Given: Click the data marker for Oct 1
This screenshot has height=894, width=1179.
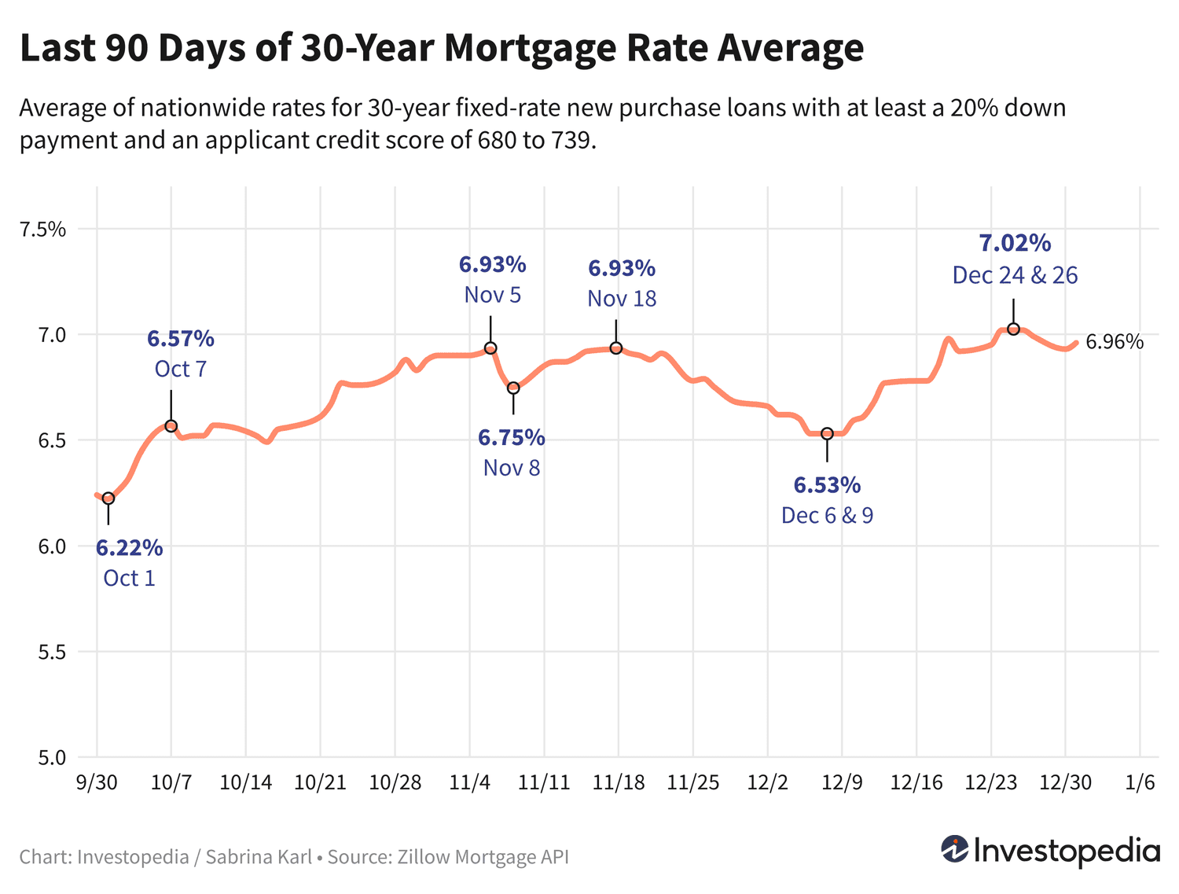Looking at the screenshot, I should coord(108,499).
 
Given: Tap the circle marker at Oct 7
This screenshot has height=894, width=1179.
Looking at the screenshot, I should coord(171,426).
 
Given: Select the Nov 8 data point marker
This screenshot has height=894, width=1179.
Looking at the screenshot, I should coord(513,388).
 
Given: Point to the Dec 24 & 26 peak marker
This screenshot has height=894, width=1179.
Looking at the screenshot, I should coord(1013,329).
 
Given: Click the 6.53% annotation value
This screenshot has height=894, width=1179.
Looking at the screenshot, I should coord(827,485).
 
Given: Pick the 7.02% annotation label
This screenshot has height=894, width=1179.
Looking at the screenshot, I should coord(1015,243).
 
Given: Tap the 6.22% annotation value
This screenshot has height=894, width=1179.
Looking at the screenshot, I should coord(130,547).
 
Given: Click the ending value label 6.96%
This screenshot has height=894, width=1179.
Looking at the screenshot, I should coord(1115,342).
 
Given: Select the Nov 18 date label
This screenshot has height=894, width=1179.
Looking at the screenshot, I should coord(622,299).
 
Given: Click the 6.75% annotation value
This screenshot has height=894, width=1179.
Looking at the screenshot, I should coord(512,437).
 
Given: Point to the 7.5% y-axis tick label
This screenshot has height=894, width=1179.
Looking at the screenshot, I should coord(43,230).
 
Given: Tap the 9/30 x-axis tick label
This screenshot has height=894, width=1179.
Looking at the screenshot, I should coord(97,783).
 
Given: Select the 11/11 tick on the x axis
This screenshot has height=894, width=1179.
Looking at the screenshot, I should coord(544,783).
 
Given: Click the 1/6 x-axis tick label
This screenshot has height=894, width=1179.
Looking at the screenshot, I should coord(1140,783).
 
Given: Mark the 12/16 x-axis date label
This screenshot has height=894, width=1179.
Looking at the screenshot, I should coord(916,783).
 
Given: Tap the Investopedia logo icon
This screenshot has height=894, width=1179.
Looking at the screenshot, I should coord(955,850).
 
